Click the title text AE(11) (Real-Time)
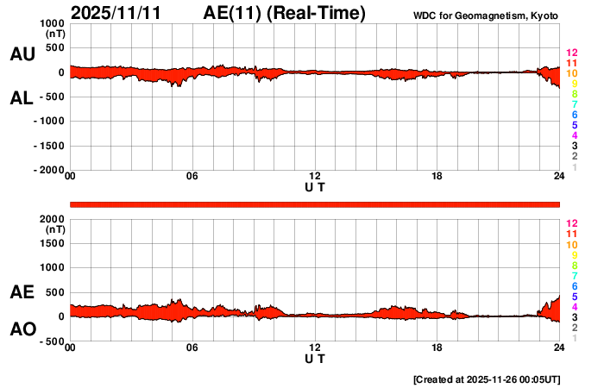point(285,13)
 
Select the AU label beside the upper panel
point(22,54)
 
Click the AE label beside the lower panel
point(22,292)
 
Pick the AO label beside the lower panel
point(22,329)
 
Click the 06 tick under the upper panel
point(192,177)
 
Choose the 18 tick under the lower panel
point(437,347)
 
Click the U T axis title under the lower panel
point(315,358)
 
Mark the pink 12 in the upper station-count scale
point(571,53)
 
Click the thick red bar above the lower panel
point(315,203)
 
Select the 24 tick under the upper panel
point(559,177)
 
